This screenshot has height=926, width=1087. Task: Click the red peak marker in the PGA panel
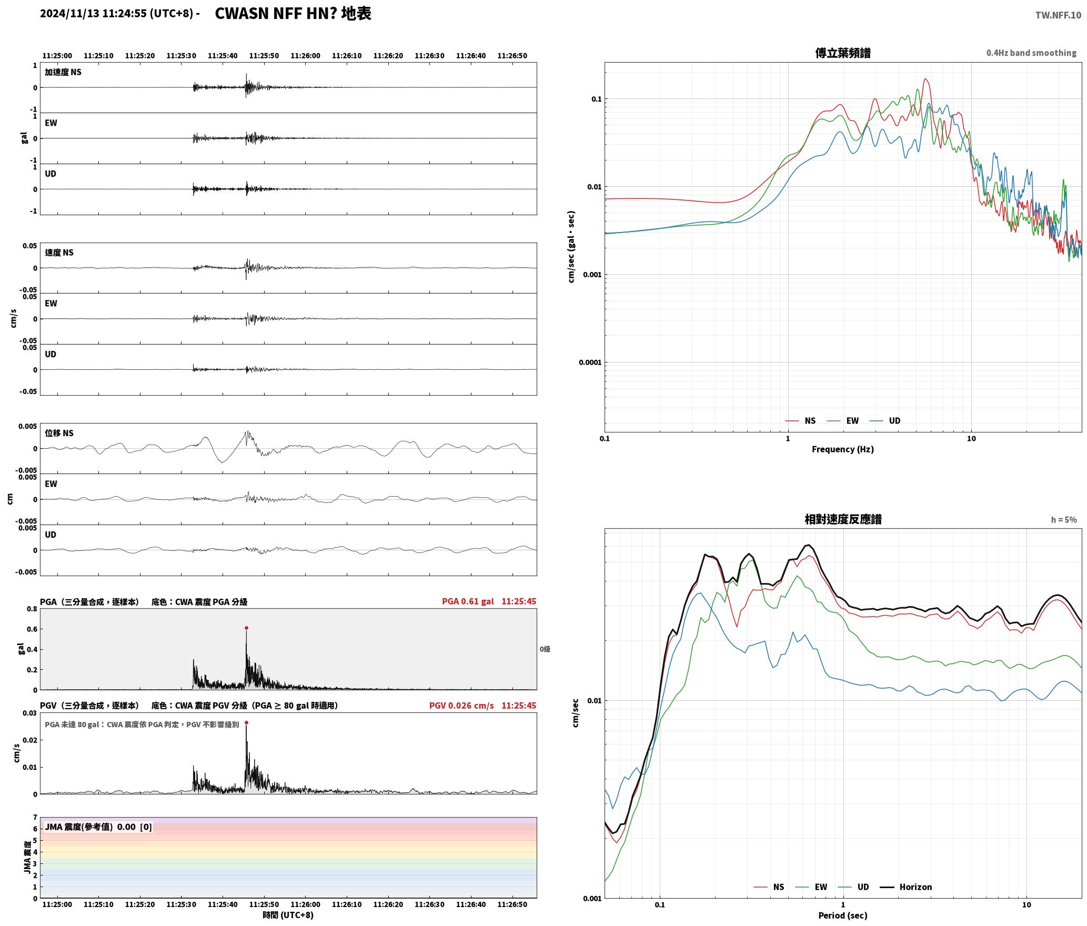click(246, 628)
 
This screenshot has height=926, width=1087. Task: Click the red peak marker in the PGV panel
click(246, 722)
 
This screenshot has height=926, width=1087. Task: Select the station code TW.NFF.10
click(1058, 15)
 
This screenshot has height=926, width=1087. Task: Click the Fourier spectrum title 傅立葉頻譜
click(842, 53)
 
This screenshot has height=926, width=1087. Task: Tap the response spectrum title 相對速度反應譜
click(843, 519)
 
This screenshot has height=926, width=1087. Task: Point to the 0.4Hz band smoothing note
click(1031, 53)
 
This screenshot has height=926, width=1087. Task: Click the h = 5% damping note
click(1064, 520)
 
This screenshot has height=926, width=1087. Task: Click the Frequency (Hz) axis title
click(842, 449)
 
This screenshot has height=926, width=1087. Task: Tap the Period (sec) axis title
click(842, 915)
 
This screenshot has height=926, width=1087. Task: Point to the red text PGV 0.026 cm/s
click(461, 706)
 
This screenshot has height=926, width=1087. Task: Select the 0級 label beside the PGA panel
click(545, 649)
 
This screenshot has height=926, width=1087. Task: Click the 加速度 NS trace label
click(63, 72)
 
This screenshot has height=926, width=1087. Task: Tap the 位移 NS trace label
click(59, 433)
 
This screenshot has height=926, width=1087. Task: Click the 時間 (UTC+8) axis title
click(288, 915)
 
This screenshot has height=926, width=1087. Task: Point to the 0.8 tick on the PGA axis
click(32, 609)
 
